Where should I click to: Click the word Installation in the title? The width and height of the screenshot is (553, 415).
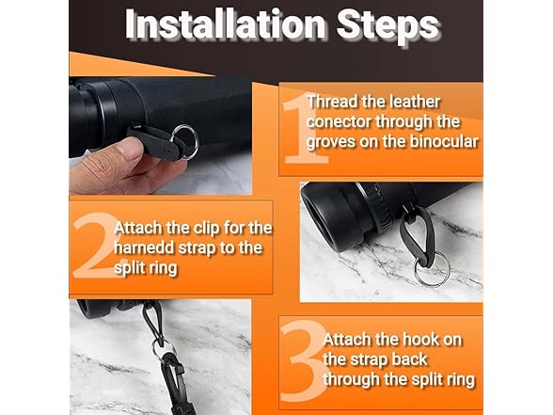(x=225, y=24)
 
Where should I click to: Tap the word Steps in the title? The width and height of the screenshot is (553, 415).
(x=387, y=26)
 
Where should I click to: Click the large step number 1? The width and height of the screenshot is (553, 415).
(x=303, y=129)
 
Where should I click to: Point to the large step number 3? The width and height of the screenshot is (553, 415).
(x=303, y=360)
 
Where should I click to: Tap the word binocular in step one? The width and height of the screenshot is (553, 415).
(x=444, y=141)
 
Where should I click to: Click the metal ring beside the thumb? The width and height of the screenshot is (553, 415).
(x=193, y=133)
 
